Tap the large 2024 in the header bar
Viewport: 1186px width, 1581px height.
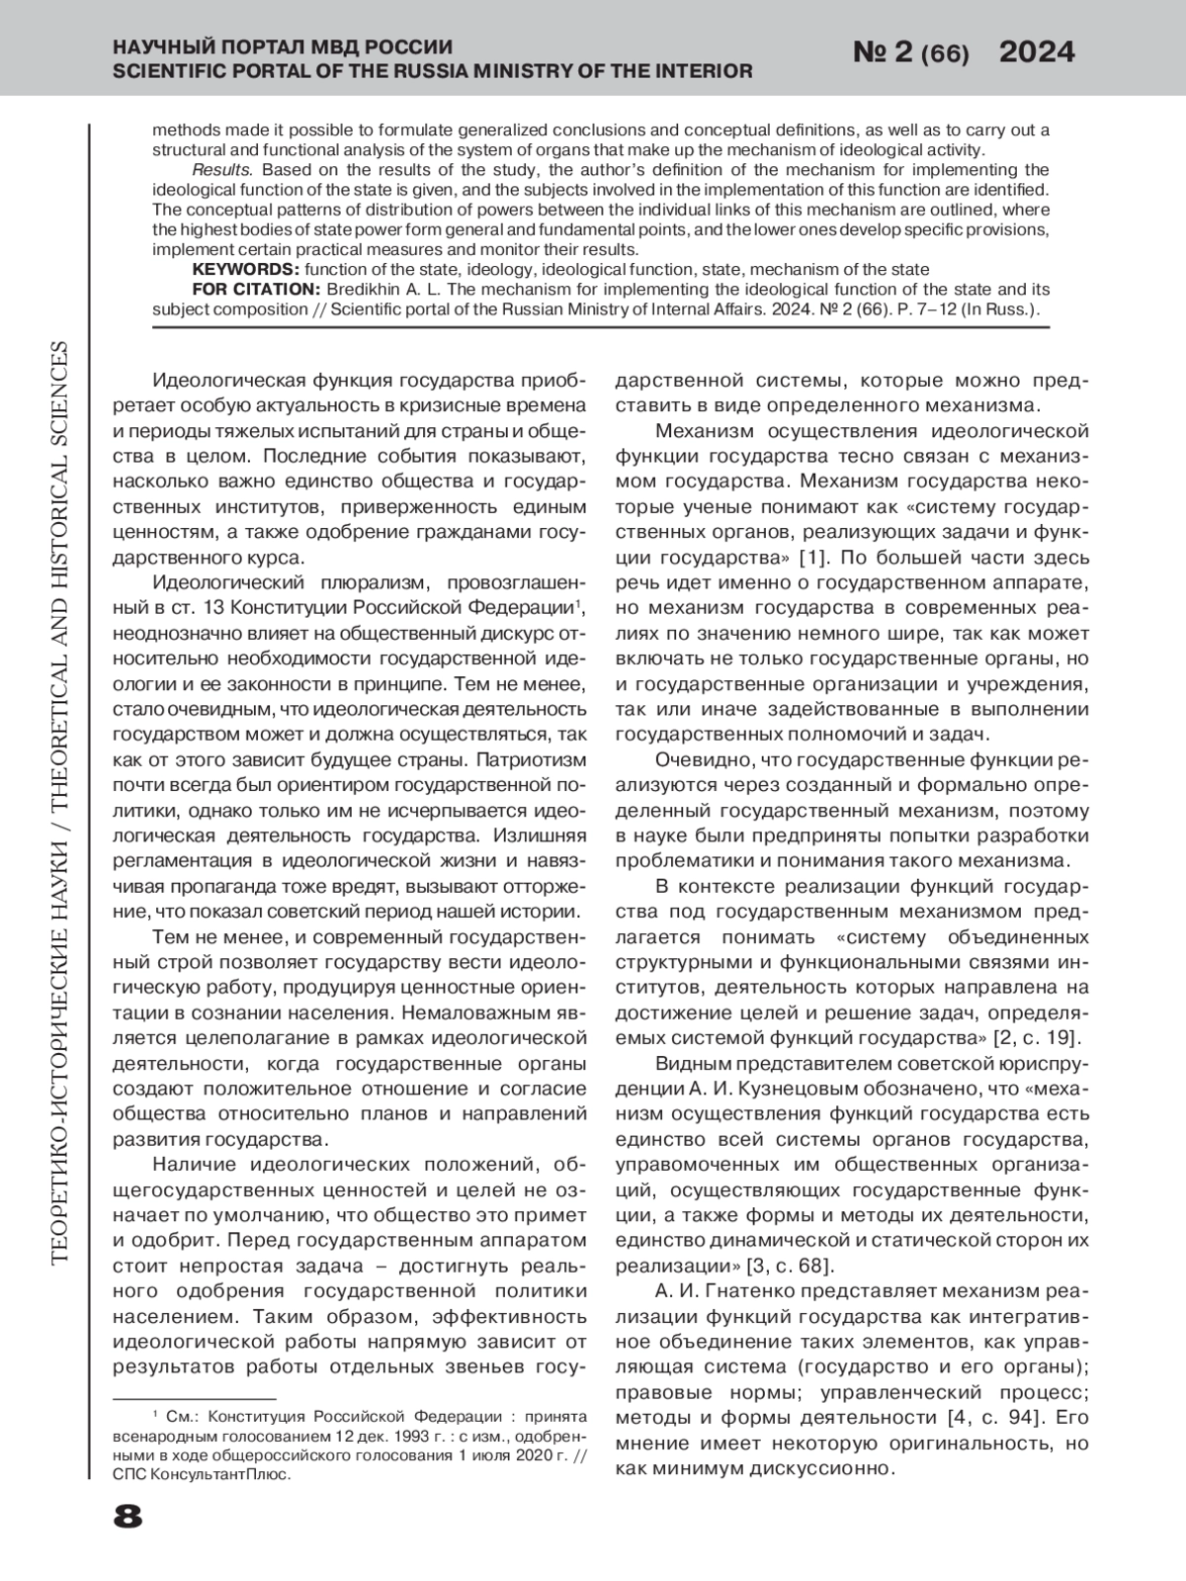click(x=1037, y=52)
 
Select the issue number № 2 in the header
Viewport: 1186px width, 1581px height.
click(x=883, y=53)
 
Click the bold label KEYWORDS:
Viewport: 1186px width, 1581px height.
click(x=245, y=269)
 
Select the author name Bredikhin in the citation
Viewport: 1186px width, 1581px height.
click(x=364, y=289)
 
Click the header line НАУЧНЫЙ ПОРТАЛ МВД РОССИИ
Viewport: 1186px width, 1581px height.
click(x=284, y=46)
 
